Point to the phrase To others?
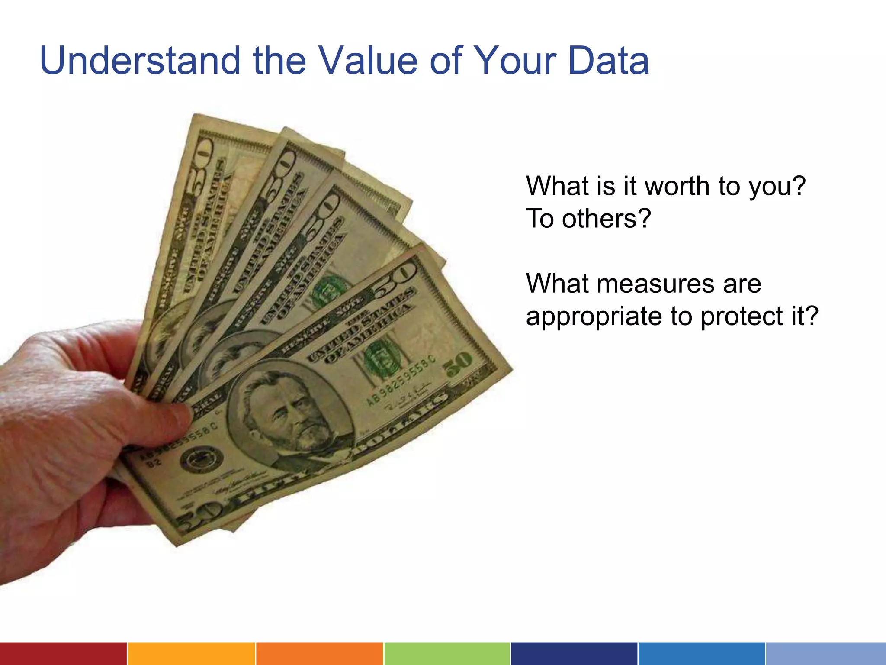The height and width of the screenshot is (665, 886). click(x=588, y=219)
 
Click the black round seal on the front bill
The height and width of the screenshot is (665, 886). click(x=201, y=459)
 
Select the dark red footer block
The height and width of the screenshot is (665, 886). click(x=63, y=654)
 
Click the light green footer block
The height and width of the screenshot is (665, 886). click(x=446, y=654)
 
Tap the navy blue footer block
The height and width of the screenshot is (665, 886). click(x=574, y=654)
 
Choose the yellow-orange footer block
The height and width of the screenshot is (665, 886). click(x=191, y=654)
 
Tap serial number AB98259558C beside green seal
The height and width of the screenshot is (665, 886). click(x=400, y=381)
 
